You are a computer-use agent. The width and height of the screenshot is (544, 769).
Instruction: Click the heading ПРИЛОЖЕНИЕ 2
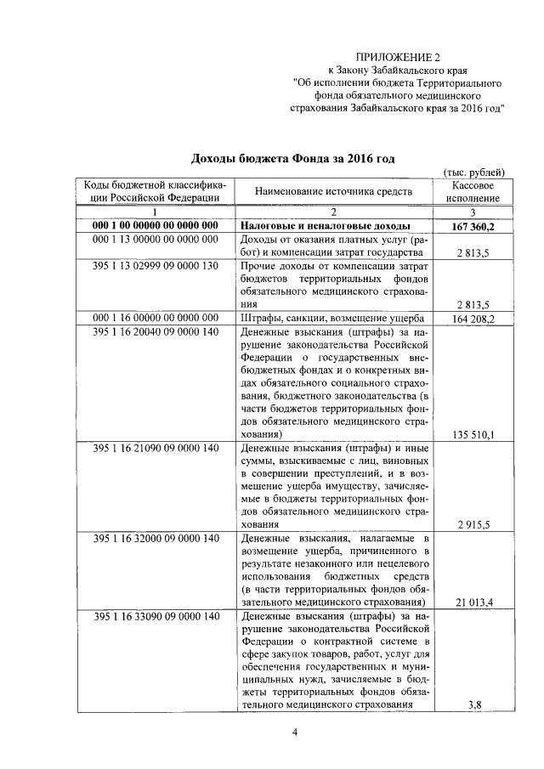[x=392, y=56]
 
